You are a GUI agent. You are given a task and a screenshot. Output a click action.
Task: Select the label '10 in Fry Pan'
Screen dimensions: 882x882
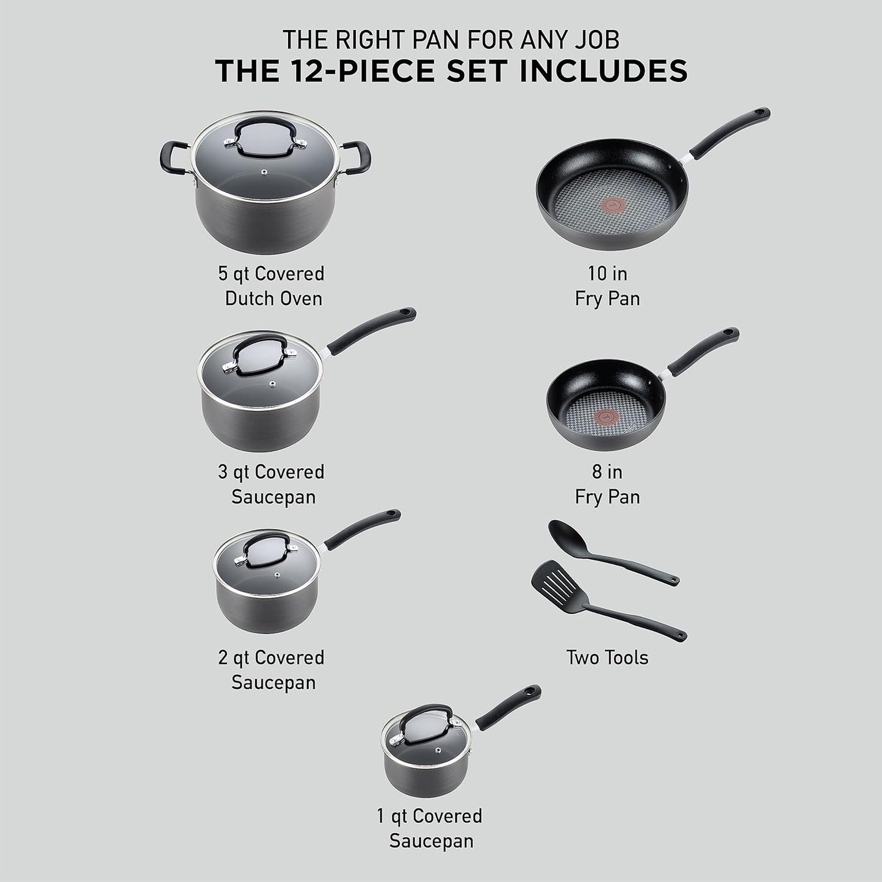coord(607,286)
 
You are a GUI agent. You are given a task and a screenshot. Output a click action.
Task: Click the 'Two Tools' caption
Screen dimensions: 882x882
coord(607,657)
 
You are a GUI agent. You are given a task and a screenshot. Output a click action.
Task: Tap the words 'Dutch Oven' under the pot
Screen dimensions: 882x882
coord(273,298)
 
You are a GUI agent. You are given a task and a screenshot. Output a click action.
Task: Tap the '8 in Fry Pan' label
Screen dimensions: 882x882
coord(607,484)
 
